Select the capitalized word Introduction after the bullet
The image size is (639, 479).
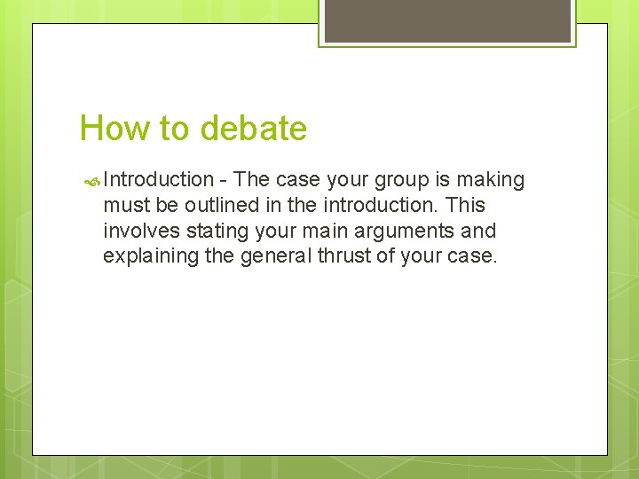[159, 180]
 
